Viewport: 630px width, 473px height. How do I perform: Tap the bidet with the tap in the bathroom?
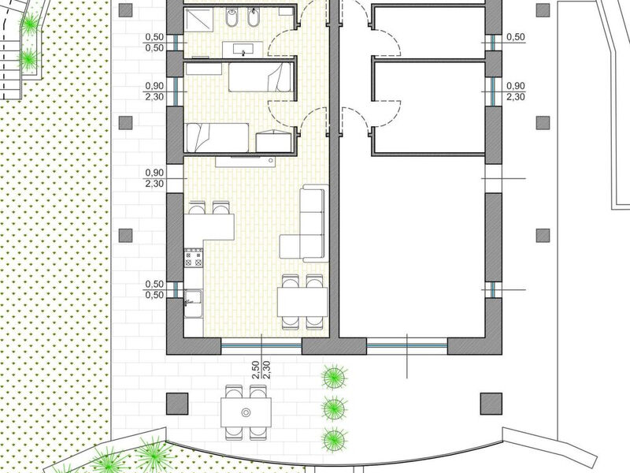pos(254,17)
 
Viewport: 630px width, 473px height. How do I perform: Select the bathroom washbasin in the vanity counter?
pos(243,50)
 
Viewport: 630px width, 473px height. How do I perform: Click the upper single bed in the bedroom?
pos(260,76)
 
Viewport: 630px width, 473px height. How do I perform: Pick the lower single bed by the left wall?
pos(217,137)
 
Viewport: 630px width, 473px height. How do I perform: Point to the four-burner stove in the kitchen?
pos(193,258)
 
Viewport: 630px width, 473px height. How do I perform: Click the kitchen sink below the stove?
pos(193,298)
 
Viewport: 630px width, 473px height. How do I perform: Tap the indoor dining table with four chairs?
pos(302,302)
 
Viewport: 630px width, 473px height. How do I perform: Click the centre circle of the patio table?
pos(246,412)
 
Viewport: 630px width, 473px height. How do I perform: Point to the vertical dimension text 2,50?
pos(255,371)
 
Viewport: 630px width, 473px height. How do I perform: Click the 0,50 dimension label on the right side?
pos(516,37)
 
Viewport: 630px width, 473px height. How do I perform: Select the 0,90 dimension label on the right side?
pos(516,86)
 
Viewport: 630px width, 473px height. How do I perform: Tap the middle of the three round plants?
pos(334,408)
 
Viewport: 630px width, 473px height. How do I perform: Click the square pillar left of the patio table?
pos(177,404)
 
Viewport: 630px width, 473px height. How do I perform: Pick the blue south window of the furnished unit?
pos(261,345)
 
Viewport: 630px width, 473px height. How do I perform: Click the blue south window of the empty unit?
pos(407,345)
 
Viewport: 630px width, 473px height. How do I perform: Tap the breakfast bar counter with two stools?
pos(209,227)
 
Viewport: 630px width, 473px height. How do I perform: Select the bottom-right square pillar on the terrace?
pos(491,404)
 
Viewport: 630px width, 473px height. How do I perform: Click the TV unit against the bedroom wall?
pos(245,162)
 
